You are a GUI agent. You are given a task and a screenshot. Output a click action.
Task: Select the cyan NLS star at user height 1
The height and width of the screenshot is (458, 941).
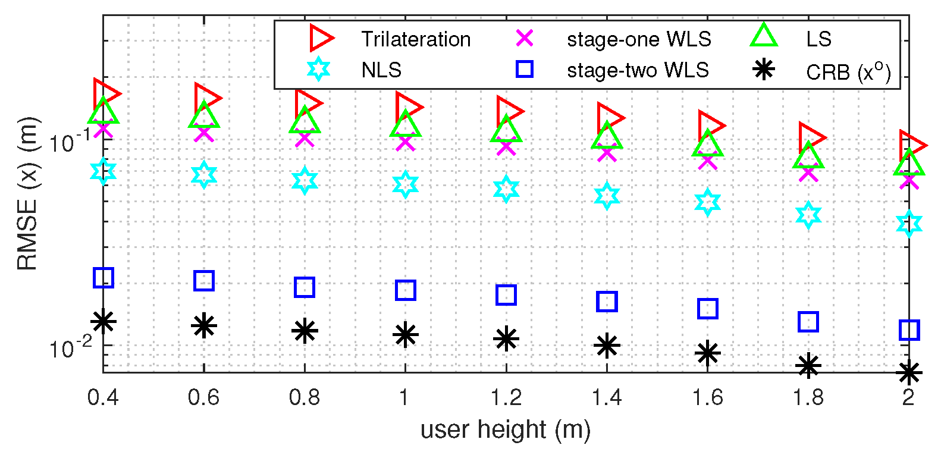[x=405, y=185]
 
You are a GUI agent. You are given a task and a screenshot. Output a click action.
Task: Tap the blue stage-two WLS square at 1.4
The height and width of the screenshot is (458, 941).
[x=607, y=302]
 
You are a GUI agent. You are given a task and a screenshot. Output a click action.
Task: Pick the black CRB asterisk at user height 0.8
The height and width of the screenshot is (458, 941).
[x=305, y=331]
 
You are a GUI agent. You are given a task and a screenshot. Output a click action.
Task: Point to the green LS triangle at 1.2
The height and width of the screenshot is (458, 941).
[x=506, y=130]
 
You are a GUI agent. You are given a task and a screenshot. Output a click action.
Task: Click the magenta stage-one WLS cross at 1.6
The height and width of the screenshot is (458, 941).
[x=708, y=161]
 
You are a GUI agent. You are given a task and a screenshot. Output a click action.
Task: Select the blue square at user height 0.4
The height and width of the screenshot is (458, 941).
[x=103, y=277]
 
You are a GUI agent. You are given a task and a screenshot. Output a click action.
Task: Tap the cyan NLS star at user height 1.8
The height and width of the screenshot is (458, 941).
[x=808, y=215]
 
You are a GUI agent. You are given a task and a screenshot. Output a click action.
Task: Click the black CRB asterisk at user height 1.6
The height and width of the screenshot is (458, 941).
[x=708, y=353]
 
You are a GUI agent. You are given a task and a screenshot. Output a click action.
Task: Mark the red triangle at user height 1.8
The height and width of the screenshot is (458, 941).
[x=811, y=137]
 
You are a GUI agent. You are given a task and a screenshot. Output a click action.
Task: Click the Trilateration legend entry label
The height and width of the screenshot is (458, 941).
[x=416, y=39]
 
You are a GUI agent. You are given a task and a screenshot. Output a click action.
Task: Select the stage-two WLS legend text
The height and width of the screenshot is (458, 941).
[x=638, y=70]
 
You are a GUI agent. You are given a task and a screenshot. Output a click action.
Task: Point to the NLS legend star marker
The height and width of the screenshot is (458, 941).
[x=319, y=70]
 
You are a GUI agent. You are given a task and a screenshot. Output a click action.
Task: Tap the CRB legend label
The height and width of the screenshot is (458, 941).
[x=848, y=71]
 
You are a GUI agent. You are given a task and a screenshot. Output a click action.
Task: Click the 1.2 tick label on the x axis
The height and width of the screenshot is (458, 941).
[x=506, y=397]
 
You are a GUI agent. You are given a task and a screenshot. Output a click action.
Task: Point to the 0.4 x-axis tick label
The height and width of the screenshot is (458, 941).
[x=103, y=397]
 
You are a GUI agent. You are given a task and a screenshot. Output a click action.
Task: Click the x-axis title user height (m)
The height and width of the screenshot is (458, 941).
[x=506, y=429]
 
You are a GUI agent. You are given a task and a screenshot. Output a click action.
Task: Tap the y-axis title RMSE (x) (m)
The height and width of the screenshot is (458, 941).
[x=27, y=193]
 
